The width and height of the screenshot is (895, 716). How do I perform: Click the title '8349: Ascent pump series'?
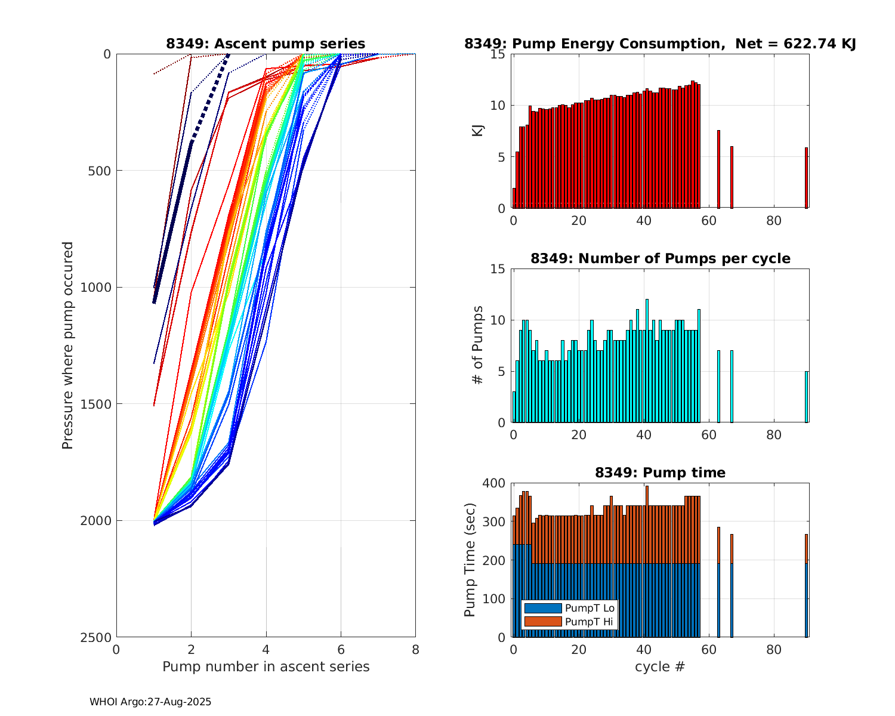266,44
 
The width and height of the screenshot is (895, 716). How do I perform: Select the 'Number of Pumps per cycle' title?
660,258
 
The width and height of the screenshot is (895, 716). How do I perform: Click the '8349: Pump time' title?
660,473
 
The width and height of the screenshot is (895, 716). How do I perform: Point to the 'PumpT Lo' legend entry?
590,608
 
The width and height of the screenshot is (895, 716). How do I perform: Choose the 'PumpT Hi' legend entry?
590,622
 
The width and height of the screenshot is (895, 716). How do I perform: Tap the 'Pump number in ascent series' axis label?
266,666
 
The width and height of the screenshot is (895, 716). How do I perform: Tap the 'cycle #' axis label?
660,666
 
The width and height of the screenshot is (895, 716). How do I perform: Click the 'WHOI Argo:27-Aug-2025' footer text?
150,702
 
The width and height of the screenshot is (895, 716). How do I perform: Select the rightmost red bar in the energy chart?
806,178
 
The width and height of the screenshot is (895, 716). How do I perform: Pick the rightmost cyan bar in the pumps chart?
806,397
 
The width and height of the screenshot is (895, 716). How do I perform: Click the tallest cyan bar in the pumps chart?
647,361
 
